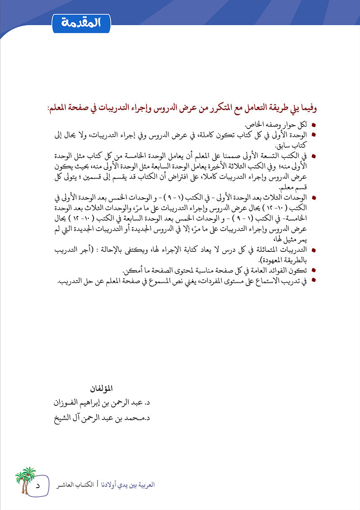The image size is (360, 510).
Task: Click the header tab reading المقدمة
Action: [81, 22]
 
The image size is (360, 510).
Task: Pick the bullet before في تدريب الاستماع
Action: [314, 280]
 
